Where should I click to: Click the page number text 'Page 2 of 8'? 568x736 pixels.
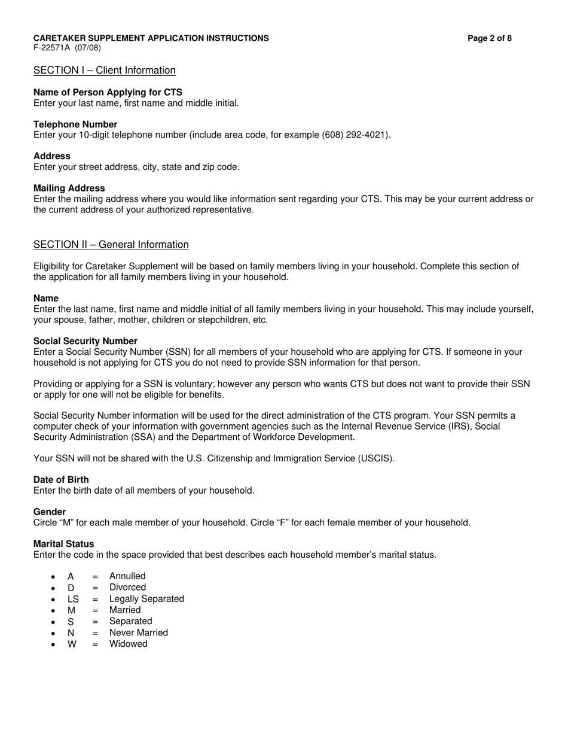pos(489,38)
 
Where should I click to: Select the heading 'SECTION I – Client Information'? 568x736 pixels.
pos(105,71)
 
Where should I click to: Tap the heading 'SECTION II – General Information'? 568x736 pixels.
pos(111,245)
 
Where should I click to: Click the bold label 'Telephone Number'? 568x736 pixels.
pos(75,124)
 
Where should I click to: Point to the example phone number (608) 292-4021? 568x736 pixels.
pos(356,135)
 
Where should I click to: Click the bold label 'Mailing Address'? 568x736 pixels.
pos(69,188)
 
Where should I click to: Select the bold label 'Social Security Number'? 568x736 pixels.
pos(85,341)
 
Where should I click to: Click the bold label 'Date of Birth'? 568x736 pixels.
pos(61,480)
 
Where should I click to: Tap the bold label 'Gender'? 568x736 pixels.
pos(50,512)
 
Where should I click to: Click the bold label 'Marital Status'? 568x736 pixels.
pos(63,544)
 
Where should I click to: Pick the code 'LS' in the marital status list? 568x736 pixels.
pos(73,599)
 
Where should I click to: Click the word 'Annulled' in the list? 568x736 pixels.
pos(127,576)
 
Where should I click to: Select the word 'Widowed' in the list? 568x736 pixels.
pos(128,644)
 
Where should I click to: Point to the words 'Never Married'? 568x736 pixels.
pos(139,632)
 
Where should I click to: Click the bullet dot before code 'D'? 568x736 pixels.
pos(53,588)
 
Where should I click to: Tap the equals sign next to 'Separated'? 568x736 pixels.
pos(95,622)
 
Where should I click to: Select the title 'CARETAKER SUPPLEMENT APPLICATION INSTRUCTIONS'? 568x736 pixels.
pos(151,38)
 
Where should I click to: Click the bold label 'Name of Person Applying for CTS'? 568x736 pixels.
pos(108,92)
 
